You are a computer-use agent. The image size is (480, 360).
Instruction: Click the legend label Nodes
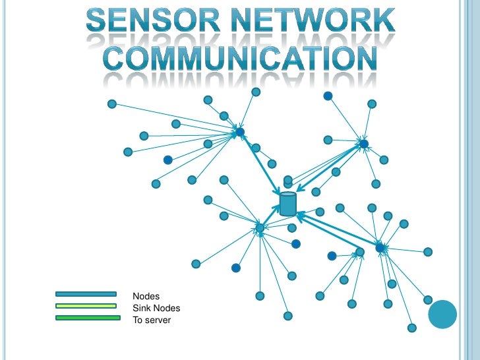click(146, 297)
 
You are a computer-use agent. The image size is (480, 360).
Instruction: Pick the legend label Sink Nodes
click(156, 308)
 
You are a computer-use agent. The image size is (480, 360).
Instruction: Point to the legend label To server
click(152, 320)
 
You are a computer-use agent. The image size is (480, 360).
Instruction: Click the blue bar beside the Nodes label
click(86, 294)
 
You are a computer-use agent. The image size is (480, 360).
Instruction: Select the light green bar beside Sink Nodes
click(86, 306)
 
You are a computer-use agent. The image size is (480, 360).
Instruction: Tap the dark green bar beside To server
click(87, 318)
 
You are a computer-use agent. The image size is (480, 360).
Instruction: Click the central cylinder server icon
click(287, 204)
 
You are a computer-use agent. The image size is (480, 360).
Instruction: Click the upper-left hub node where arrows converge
click(240, 133)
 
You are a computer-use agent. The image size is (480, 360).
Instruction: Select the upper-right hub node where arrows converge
click(363, 144)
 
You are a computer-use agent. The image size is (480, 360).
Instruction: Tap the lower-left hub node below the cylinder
click(260, 228)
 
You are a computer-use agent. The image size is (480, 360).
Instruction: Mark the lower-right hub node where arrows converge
click(380, 247)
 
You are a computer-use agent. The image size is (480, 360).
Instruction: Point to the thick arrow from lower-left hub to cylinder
click(272, 215)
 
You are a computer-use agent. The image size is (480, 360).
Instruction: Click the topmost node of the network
click(256, 92)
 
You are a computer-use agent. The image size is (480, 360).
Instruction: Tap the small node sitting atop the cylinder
click(287, 180)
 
